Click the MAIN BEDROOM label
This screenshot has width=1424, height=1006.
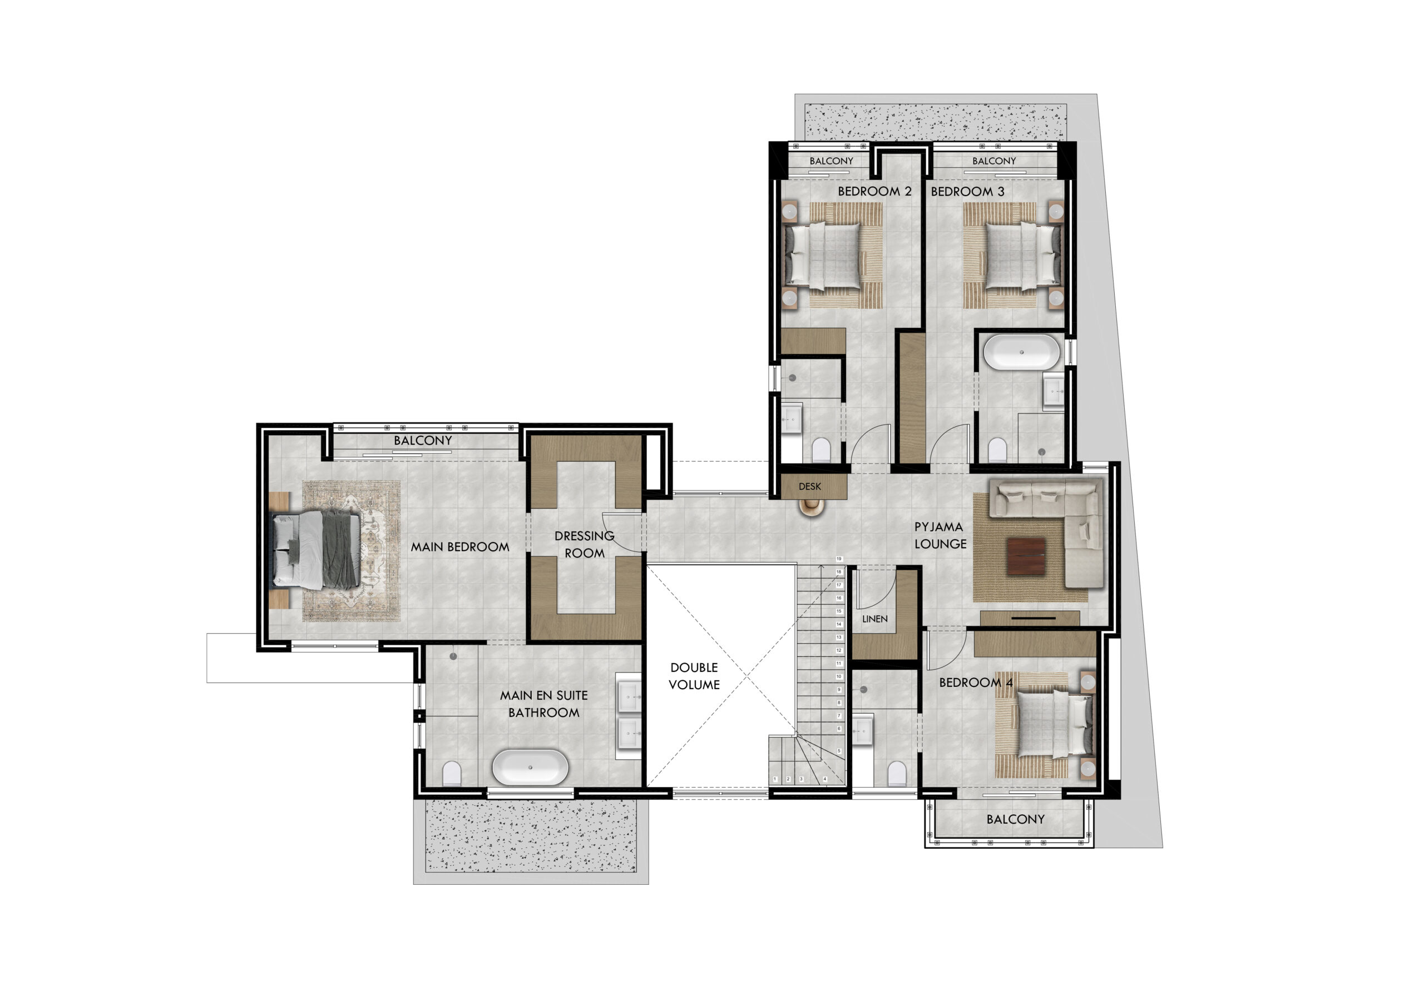click(x=459, y=547)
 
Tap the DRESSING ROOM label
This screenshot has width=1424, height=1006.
click(x=584, y=544)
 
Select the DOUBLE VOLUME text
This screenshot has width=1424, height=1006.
click(x=694, y=676)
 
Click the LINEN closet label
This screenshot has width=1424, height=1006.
click(x=874, y=619)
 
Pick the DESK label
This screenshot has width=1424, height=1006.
click(x=809, y=486)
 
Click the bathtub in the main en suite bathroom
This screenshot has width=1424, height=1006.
click(x=530, y=768)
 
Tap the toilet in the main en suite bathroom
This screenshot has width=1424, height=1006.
click(x=452, y=774)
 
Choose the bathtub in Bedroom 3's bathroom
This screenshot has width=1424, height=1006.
click(x=1021, y=352)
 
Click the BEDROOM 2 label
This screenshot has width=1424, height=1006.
click(x=874, y=192)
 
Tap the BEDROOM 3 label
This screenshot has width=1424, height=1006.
click(x=967, y=192)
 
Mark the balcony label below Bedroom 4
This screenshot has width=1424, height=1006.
click(x=1015, y=819)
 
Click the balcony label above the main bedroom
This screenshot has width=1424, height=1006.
click(x=423, y=440)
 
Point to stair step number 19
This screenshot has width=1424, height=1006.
click(x=838, y=559)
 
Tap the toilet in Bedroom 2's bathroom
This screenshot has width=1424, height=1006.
click(x=820, y=450)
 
